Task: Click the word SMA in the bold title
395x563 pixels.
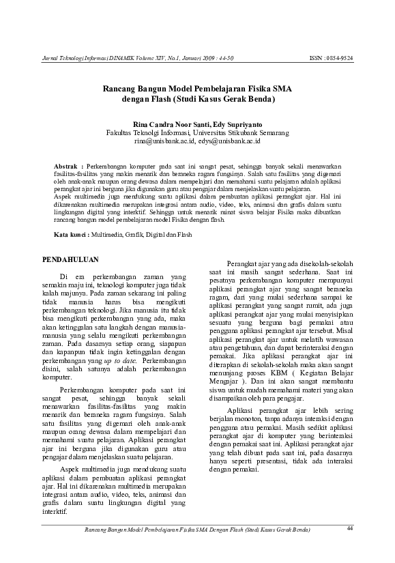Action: click(281, 88)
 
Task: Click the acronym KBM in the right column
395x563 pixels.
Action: click(279, 374)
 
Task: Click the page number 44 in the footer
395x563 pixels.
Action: click(350, 528)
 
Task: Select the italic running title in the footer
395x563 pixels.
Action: click(196, 530)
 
